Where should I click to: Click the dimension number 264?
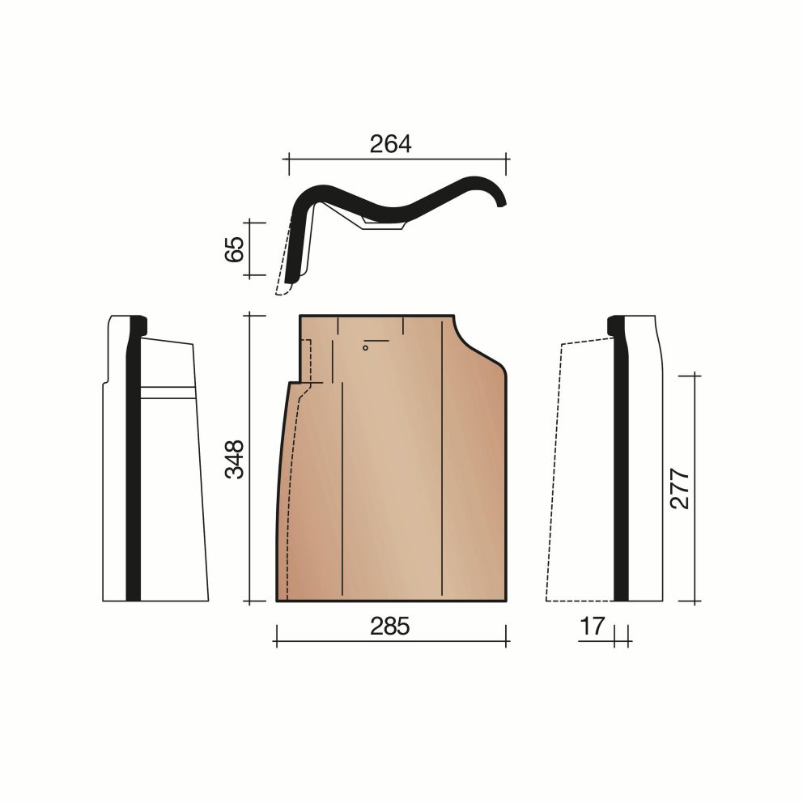click(x=390, y=144)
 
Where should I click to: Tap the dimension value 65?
click(x=235, y=249)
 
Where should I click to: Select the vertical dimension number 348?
click(x=235, y=459)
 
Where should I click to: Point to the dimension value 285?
click(x=390, y=627)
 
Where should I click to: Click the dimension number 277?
click(x=680, y=488)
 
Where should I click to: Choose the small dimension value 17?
click(x=592, y=626)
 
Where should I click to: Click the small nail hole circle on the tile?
click(x=365, y=348)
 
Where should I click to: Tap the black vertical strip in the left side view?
click(x=134, y=459)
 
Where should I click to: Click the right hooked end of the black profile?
click(x=503, y=202)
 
